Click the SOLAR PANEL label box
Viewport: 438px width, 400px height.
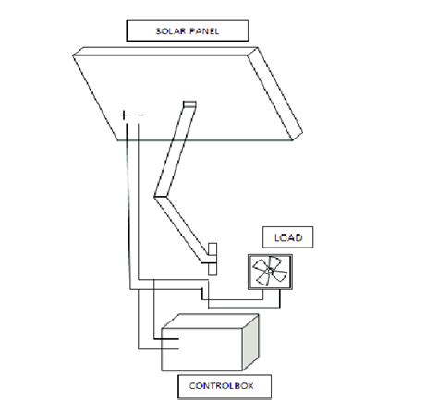[188, 30]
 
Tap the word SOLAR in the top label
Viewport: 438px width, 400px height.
[171, 30]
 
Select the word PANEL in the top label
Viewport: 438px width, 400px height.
[204, 30]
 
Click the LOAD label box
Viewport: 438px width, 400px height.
[283, 238]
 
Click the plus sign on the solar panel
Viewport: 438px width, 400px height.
[123, 115]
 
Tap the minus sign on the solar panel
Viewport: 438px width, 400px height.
[140, 115]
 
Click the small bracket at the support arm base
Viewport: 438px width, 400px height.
[212, 258]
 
